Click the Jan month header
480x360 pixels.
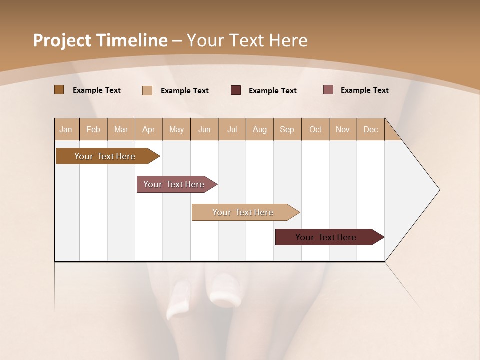(66, 129)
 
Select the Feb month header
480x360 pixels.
(93, 129)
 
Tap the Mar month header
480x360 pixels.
(121, 129)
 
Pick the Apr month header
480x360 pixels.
(149, 129)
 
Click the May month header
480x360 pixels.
(176, 129)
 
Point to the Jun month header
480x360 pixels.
(204, 129)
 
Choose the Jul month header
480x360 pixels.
(232, 129)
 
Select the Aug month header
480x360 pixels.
(260, 129)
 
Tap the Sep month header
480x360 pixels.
(287, 129)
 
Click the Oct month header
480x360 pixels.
(315, 129)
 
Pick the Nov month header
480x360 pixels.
(343, 129)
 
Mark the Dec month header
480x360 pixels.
(371, 129)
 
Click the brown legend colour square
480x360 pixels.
(59, 90)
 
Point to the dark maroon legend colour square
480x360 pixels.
(236, 90)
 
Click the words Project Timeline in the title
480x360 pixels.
(100, 40)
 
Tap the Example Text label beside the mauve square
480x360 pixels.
(364, 90)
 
